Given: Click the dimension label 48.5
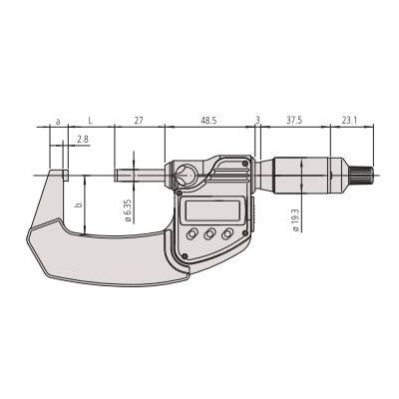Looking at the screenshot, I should [x=207, y=120].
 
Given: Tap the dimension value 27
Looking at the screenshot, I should [x=139, y=120].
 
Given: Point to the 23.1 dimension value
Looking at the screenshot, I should [x=349, y=120].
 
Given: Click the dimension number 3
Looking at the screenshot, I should [x=257, y=120].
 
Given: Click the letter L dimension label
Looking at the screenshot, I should [x=91, y=120].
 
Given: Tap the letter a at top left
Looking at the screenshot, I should [x=58, y=120].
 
